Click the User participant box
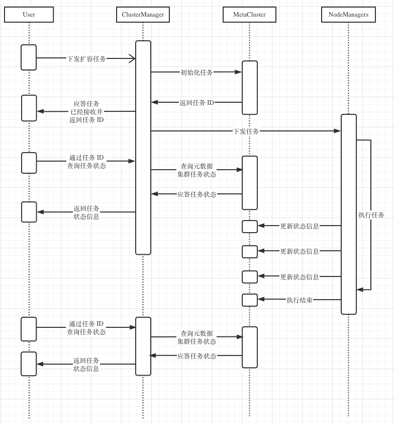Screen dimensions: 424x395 point(29,15)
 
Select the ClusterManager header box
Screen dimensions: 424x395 point(143,15)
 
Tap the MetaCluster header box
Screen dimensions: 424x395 point(249,15)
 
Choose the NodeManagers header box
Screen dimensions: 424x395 point(348,15)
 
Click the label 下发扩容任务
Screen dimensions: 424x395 point(86,58)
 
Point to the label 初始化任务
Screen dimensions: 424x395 point(196,72)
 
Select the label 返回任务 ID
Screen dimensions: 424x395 point(196,102)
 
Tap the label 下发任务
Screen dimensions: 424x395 point(246,131)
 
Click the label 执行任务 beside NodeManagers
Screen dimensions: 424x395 point(371,215)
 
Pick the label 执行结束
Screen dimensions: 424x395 point(300,300)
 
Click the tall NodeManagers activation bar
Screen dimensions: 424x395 point(348,214)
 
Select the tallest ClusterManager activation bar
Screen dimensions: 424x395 point(143,148)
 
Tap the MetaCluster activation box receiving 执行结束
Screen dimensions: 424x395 point(250,300)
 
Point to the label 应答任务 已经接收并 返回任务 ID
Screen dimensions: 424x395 point(86,111)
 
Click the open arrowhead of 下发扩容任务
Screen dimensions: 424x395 point(132,58)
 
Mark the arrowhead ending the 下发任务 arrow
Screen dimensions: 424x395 point(338,131)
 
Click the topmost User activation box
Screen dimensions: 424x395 point(29,57)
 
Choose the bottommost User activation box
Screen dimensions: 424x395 point(29,364)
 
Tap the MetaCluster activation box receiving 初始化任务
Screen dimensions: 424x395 point(250,88)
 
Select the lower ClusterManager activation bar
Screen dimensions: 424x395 point(143,346)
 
